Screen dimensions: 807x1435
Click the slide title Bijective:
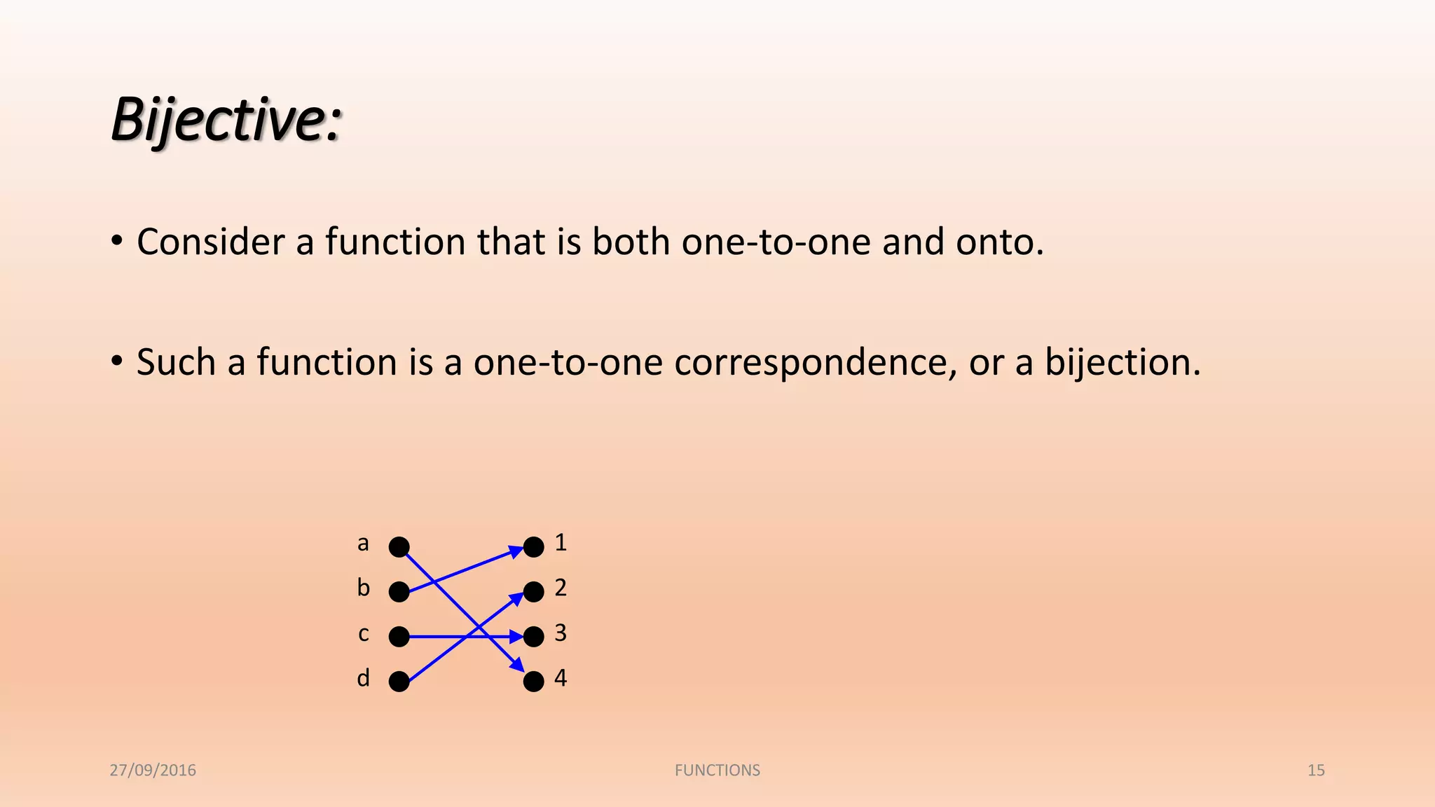pos(226,120)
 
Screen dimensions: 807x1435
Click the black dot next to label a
pos(399,546)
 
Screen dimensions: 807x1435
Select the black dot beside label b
pos(399,592)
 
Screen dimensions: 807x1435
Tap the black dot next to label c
pos(399,637)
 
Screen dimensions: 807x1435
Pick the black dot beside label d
pos(399,682)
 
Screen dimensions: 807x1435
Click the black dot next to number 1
pos(534,546)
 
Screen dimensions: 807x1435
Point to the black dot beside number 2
pos(534,592)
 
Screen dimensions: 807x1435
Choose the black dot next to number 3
pos(534,637)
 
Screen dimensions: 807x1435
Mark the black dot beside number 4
pos(534,682)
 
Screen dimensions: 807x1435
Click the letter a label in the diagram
pos(363,543)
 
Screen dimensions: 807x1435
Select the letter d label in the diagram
pos(363,678)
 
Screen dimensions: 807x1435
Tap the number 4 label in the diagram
pos(561,678)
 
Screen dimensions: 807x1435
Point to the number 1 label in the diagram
pos(561,542)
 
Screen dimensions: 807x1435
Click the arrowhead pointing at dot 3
pos(516,637)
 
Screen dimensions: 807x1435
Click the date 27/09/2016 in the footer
pos(153,770)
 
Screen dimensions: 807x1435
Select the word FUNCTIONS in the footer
pos(717,770)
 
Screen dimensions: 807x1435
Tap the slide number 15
pos(1316,770)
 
